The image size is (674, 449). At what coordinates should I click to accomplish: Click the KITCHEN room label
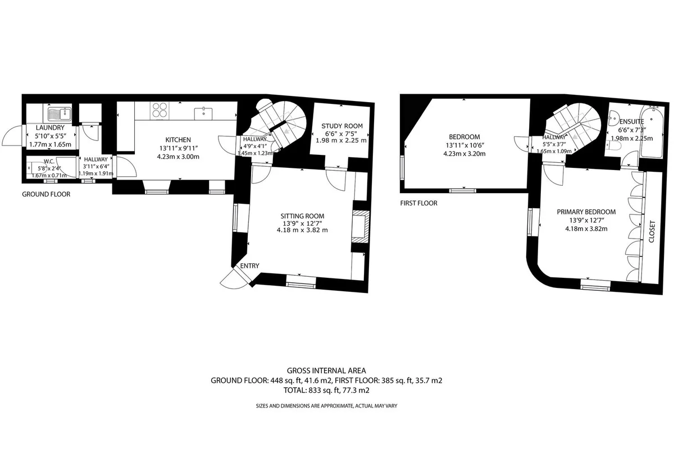click(178, 140)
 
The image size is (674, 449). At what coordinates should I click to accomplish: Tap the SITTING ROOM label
click(302, 216)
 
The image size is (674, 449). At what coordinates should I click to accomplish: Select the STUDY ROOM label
click(342, 126)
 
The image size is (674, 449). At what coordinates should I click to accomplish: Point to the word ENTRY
click(249, 266)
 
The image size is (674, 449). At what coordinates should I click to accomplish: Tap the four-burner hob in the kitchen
click(160, 110)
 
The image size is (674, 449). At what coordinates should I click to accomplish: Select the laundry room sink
click(60, 113)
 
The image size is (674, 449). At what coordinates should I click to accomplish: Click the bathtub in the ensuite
click(652, 132)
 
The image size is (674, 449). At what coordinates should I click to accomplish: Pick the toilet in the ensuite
click(613, 146)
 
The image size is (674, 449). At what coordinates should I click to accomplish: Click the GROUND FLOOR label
click(46, 194)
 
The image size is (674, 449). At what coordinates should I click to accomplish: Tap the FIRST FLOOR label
click(418, 203)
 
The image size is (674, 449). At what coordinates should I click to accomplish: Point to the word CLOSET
click(652, 232)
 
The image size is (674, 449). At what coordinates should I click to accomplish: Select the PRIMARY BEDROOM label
click(586, 212)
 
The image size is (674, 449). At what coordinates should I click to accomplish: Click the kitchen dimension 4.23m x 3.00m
click(178, 157)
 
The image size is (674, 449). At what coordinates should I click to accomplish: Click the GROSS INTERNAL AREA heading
click(326, 370)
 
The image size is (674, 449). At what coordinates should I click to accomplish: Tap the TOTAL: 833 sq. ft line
click(326, 391)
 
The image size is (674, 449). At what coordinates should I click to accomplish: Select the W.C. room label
click(49, 162)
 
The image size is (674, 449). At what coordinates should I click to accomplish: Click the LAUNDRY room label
click(50, 128)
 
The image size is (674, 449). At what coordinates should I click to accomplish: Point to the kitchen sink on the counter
click(203, 113)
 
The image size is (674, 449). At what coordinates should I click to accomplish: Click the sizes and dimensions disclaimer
click(326, 406)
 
